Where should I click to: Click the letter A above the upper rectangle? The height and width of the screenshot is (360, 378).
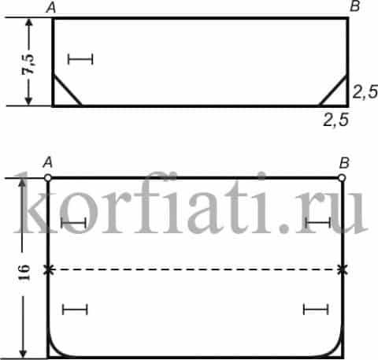pyautogui.click(x=51, y=8)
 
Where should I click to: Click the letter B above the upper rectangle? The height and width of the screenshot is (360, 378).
pyautogui.click(x=355, y=6)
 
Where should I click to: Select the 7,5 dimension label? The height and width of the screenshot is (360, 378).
pyautogui.click(x=28, y=65)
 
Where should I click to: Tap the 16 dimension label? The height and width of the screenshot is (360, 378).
pyautogui.click(x=24, y=273)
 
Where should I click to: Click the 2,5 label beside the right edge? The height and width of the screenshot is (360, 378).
pyautogui.click(x=365, y=91)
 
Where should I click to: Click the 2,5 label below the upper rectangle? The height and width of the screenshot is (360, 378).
pyautogui.click(x=336, y=120)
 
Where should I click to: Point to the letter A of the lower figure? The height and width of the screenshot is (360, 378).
pyautogui.click(x=48, y=163)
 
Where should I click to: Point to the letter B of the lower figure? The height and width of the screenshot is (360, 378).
pyautogui.click(x=344, y=163)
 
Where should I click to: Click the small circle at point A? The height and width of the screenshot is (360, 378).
pyautogui.click(x=47, y=178)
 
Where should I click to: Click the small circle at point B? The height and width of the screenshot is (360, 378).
pyautogui.click(x=342, y=178)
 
